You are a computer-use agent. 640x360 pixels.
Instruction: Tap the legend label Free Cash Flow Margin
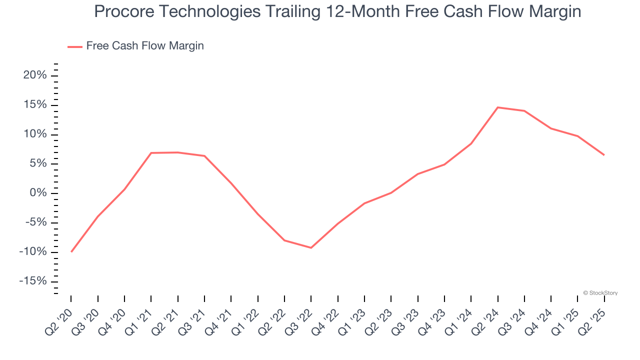145,46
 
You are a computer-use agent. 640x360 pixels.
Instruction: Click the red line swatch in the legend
75,46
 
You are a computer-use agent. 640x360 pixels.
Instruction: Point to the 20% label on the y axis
34,75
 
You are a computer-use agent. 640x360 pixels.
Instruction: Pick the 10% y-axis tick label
34,134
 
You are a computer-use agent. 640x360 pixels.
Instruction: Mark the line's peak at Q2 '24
498,107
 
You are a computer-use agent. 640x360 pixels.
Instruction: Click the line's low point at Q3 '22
311,247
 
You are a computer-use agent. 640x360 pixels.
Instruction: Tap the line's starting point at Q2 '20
71,251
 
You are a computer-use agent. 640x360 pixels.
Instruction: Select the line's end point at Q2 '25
604,155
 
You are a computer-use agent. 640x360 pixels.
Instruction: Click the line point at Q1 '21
151,153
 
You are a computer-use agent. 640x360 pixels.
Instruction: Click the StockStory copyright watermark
600,293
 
